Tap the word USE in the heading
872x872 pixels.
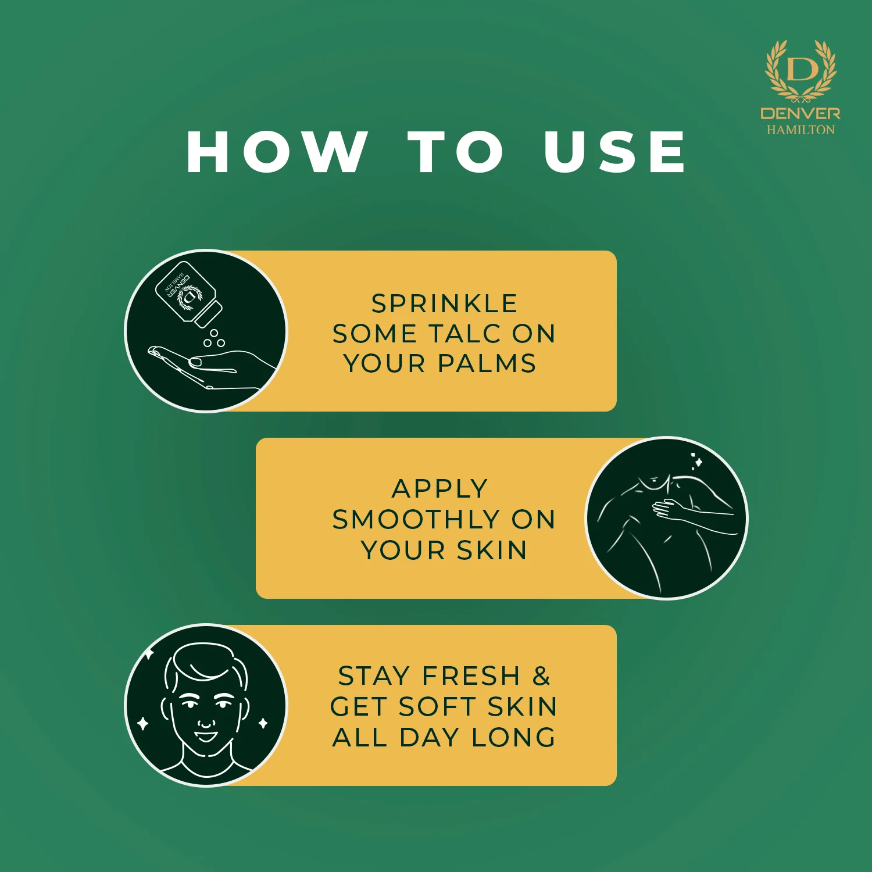pyautogui.click(x=615, y=152)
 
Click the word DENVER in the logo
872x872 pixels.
pyautogui.click(x=800, y=113)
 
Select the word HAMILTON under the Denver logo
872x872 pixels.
pyautogui.click(x=800, y=130)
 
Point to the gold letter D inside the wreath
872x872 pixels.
pyautogui.click(x=802, y=69)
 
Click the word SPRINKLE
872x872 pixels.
pyautogui.click(x=445, y=303)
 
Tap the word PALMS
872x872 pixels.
pyautogui.click(x=487, y=363)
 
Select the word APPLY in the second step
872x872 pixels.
pyautogui.click(x=440, y=489)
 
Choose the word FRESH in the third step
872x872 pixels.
pyautogui.click(x=471, y=676)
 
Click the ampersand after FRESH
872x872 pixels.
pyautogui.click(x=541, y=676)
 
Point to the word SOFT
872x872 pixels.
pyautogui.click(x=438, y=707)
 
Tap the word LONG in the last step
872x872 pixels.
pyautogui.click(x=513, y=737)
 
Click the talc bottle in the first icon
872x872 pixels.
pyautogui.click(x=188, y=294)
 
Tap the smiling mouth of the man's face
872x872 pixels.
pyautogui.click(x=206, y=737)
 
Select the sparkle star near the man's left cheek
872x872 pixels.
pyautogui.click(x=142, y=724)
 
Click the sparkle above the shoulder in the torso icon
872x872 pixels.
pyautogui.click(x=697, y=461)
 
